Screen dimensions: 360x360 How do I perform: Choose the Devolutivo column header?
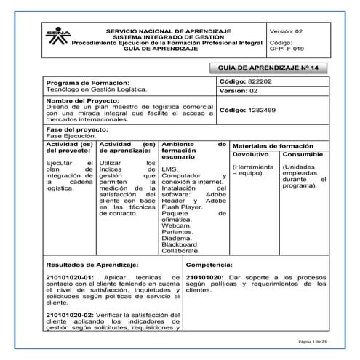(x=251, y=155)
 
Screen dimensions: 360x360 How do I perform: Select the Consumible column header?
(x=303, y=155)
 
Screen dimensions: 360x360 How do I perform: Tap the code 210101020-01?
(x=70, y=279)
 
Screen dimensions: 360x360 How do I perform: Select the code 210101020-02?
(x=70, y=313)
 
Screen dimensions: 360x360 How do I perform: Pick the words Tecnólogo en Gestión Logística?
(x=96, y=89)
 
